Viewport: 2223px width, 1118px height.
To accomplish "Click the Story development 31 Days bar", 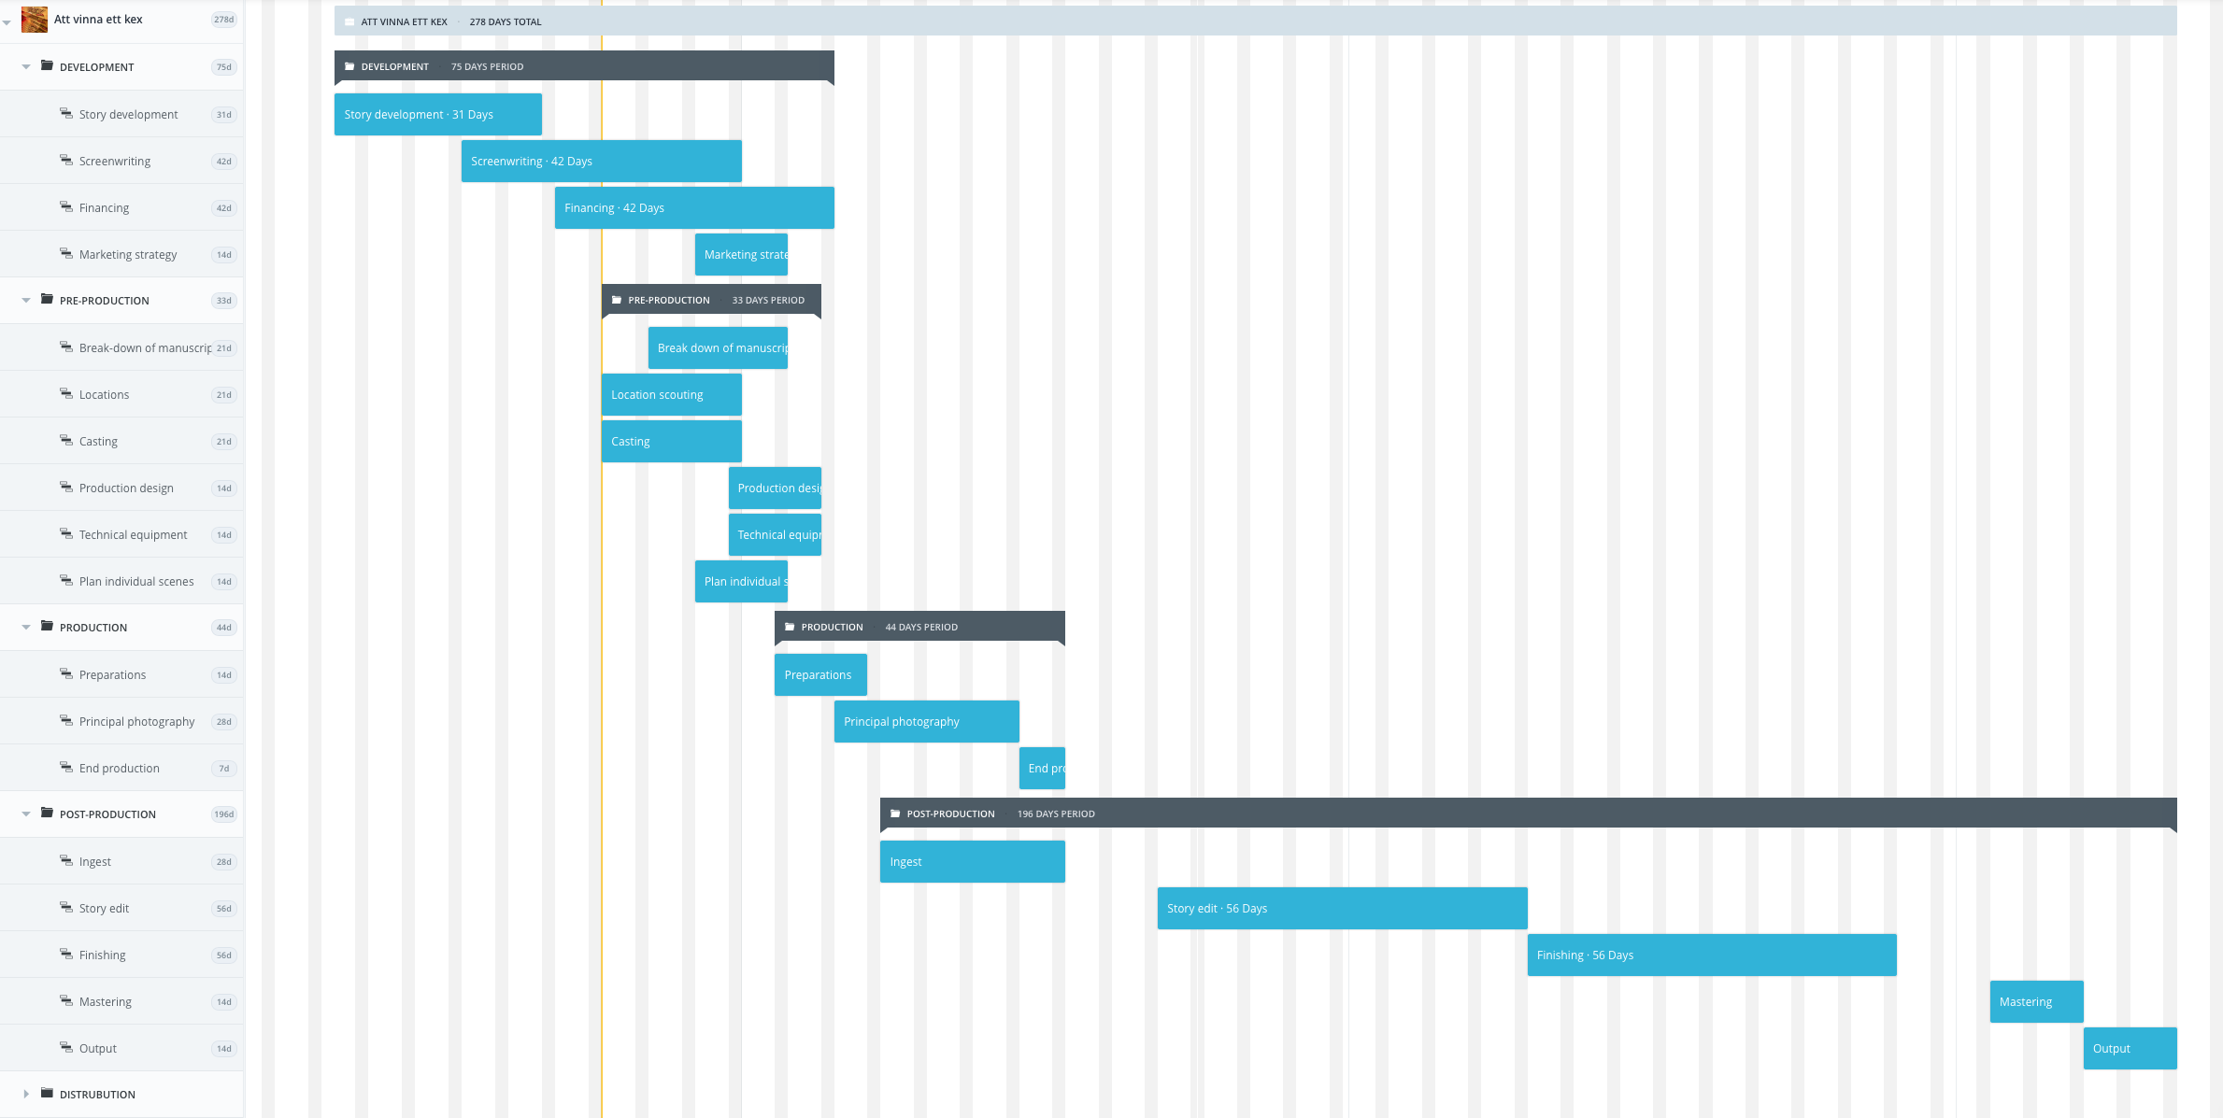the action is pyautogui.click(x=437, y=115).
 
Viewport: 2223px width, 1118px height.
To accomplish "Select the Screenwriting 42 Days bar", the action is pyautogui.click(x=601, y=162).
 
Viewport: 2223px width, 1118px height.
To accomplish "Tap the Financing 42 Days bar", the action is pyautogui.click(x=693, y=208).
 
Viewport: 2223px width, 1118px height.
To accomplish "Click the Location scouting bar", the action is pyautogui.click(x=671, y=395).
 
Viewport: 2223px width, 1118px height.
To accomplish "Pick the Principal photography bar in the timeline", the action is pyautogui.click(x=926, y=722).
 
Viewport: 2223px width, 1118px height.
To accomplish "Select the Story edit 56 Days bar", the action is pyautogui.click(x=1342, y=909).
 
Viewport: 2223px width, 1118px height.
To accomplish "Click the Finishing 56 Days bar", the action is pyautogui.click(x=1711, y=955).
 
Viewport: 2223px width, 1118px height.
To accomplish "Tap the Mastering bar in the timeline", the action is pyautogui.click(x=2036, y=1002).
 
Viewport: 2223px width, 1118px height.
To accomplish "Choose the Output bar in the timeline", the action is pyautogui.click(x=2130, y=1049).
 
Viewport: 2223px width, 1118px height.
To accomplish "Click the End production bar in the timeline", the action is pyautogui.click(x=1042, y=769).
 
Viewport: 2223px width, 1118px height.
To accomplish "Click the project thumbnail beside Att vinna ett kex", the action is pyautogui.click(x=35, y=20).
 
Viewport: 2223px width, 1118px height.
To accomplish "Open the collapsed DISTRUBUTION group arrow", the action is pyautogui.click(x=26, y=1094).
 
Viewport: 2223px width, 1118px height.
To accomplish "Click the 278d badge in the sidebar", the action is pyautogui.click(x=224, y=20).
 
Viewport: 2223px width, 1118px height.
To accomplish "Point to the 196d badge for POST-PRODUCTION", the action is pyautogui.click(x=224, y=814).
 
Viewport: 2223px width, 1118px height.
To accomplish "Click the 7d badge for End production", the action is pyautogui.click(x=224, y=769).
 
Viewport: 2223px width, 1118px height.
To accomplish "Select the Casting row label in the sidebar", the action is pyautogui.click(x=98, y=442).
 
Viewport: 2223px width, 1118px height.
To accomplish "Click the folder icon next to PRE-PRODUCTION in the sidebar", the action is pyautogui.click(x=47, y=300).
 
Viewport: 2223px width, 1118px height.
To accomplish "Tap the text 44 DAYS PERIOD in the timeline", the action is pyautogui.click(x=921, y=628).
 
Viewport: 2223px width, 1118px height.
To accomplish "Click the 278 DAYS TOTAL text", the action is pyautogui.click(x=506, y=22).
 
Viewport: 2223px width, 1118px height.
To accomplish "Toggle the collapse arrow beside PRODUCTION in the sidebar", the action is pyautogui.click(x=26, y=628).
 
